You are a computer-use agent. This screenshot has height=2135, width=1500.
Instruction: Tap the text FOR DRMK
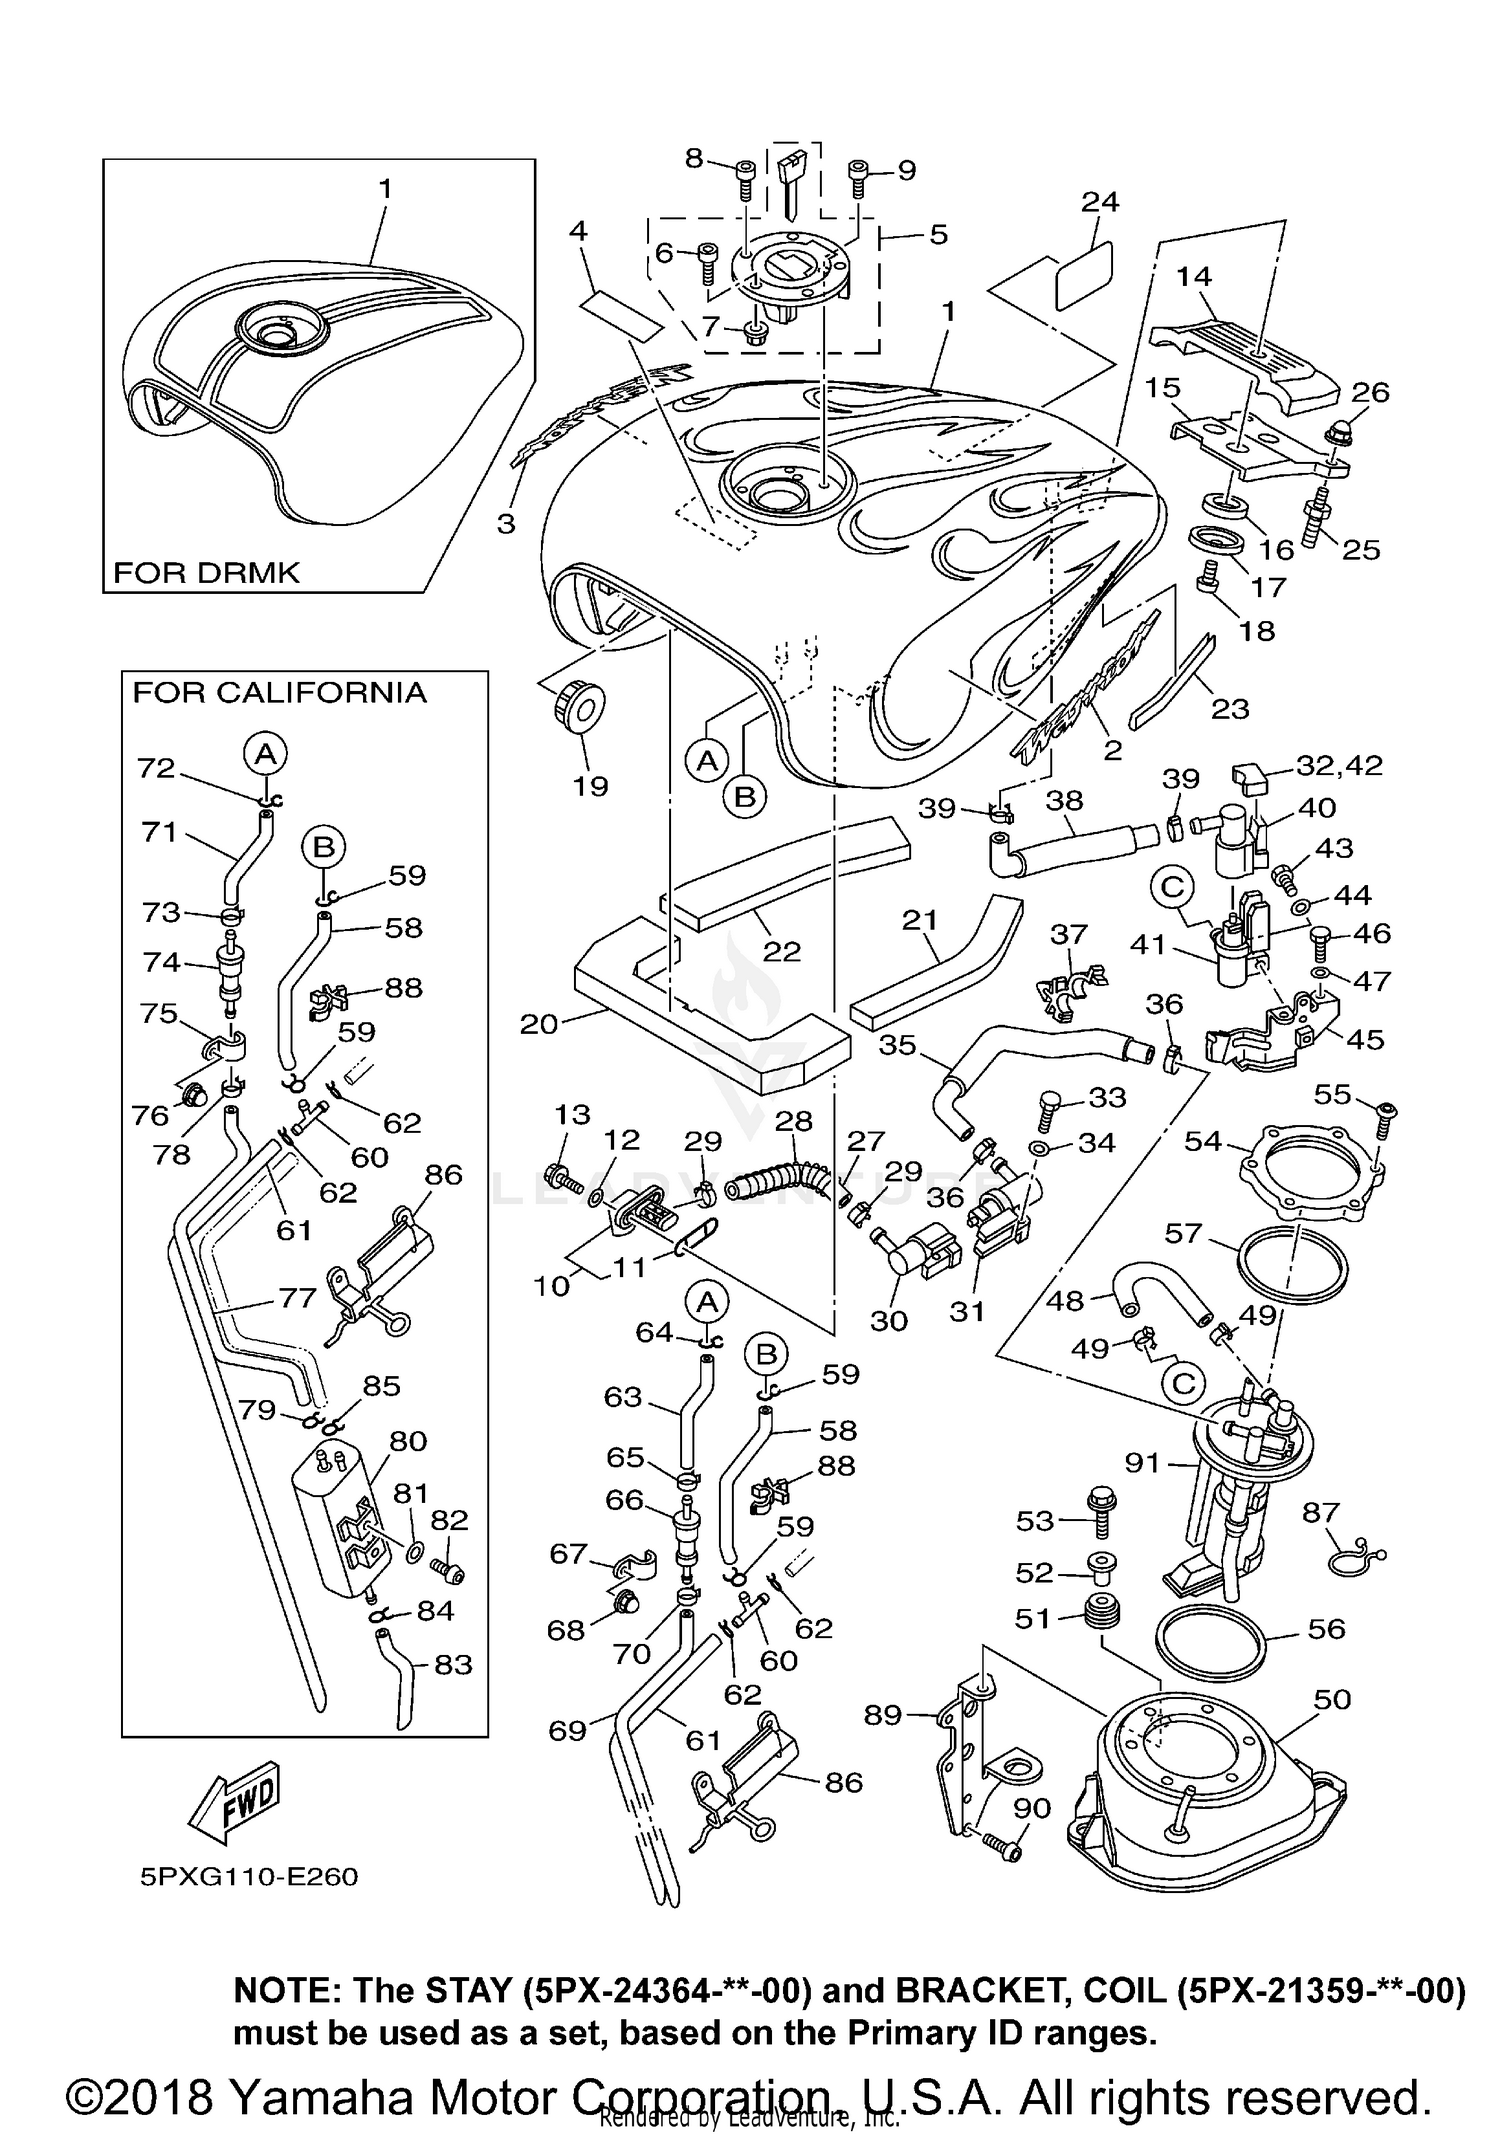206,573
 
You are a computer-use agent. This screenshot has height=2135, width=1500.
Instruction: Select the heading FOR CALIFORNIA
279,693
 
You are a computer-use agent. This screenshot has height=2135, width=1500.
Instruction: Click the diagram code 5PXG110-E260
248,1876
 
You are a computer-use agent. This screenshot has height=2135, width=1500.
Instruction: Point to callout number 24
1099,202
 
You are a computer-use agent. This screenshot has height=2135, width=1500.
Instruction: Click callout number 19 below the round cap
590,786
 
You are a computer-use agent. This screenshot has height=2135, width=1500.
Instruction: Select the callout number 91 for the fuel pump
1142,1463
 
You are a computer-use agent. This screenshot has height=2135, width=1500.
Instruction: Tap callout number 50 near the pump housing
1332,1699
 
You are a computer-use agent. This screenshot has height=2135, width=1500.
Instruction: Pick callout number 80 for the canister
407,1441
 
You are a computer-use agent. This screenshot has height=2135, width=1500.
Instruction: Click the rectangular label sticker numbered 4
625,312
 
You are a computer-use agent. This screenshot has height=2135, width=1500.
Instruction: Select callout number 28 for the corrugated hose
794,1120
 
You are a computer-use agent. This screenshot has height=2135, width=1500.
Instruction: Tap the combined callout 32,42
1339,766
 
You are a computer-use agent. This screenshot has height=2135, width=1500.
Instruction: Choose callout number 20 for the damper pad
538,1024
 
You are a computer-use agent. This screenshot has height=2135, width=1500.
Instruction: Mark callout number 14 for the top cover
1193,276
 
